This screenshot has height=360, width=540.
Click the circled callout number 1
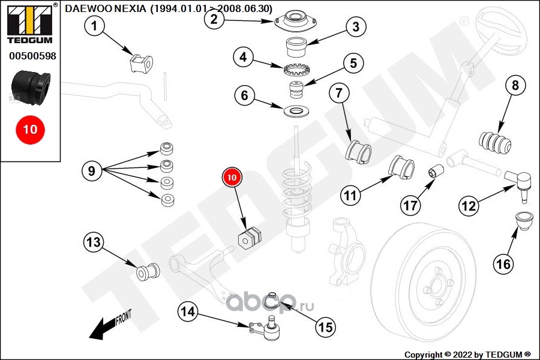point(94,25)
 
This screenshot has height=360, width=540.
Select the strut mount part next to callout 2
point(295,22)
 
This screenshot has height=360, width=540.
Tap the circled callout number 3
point(356,26)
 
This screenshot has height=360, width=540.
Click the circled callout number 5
point(353,64)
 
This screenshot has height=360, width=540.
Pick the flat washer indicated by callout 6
point(297,112)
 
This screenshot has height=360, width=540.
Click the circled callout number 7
point(339,92)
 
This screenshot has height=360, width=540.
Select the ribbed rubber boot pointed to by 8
point(495,142)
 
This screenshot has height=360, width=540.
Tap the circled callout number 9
point(92,171)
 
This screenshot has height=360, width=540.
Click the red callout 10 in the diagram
point(232,177)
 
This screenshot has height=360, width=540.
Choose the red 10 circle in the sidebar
point(30,130)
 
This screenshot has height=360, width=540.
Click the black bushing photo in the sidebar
point(31,88)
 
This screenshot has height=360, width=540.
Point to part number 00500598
point(32,56)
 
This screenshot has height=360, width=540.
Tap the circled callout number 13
point(94,242)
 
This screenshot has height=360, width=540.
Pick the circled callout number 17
point(410,206)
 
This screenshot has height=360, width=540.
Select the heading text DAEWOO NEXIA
point(106,8)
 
